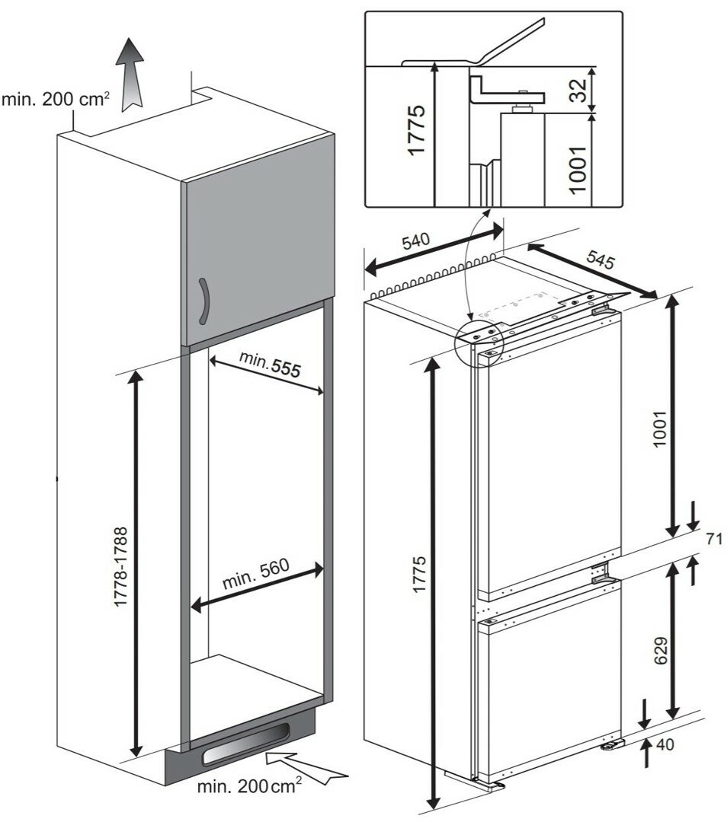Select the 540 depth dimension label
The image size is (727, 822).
click(x=415, y=243)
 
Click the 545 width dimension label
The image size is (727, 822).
click(x=600, y=260)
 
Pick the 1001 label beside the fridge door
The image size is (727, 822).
click(x=660, y=430)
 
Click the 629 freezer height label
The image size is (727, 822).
click(x=660, y=651)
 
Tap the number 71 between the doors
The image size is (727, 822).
click(x=714, y=540)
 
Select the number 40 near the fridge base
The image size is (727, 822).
click(x=665, y=745)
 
